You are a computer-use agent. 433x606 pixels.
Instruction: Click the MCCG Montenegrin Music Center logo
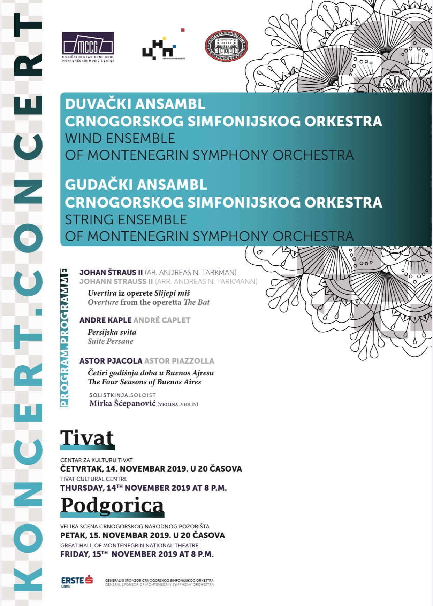(x=88, y=47)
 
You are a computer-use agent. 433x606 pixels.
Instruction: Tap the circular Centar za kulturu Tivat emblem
(x=226, y=46)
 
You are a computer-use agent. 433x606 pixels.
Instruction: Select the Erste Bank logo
(x=77, y=581)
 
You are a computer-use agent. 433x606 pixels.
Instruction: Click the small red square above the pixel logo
(x=183, y=30)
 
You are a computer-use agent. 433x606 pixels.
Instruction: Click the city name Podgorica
(x=112, y=505)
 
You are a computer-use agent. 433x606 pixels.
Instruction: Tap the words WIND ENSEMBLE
(x=120, y=139)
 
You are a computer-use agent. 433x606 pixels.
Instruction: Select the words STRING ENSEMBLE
(x=126, y=220)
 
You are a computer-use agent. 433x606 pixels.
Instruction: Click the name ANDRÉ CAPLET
(x=162, y=320)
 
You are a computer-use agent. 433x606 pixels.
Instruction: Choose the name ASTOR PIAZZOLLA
(x=179, y=361)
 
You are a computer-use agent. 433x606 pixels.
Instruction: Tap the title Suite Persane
(x=111, y=341)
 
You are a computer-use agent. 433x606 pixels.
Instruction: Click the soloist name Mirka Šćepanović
(x=122, y=403)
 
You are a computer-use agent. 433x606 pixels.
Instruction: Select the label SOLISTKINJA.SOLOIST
(x=122, y=395)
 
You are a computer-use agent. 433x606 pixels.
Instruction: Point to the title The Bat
(x=197, y=302)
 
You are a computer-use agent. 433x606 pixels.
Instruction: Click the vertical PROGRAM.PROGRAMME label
(x=64, y=337)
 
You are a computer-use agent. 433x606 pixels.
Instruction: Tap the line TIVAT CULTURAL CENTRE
(x=94, y=479)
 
